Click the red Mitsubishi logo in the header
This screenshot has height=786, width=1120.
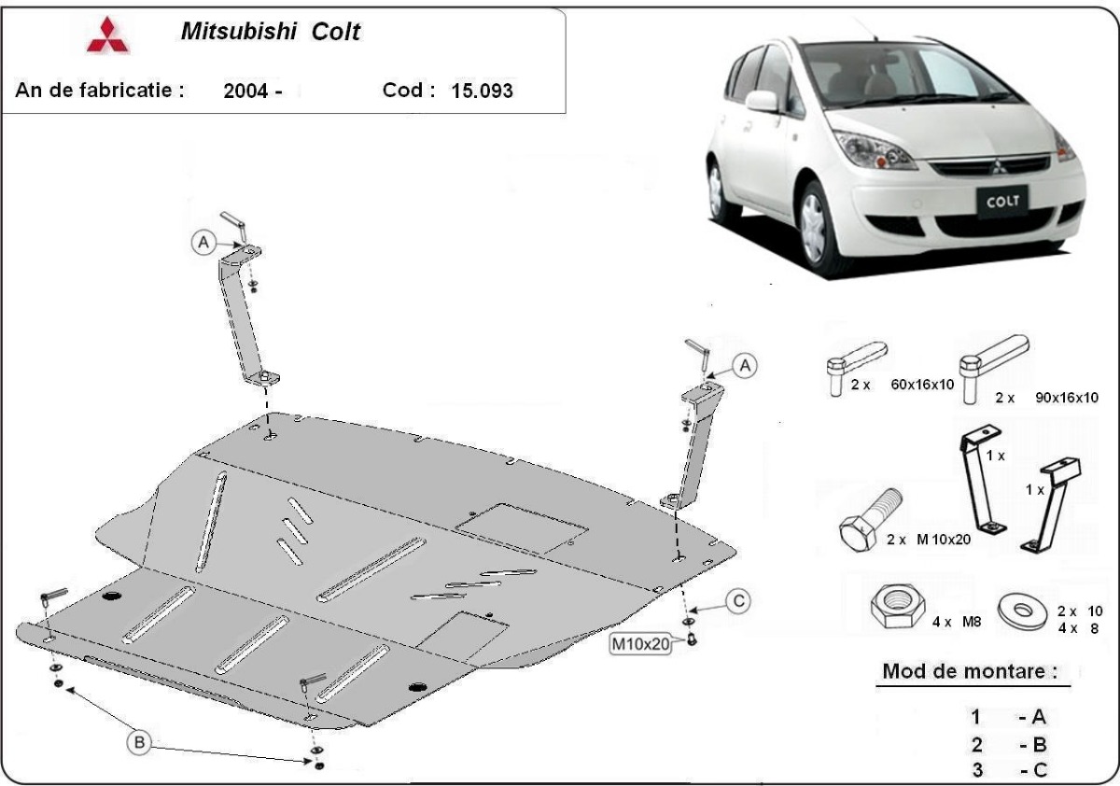(108, 35)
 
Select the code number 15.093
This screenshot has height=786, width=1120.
(481, 91)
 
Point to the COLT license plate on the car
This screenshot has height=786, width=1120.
(1002, 200)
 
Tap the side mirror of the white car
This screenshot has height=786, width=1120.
(762, 101)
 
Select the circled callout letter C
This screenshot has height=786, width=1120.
(738, 602)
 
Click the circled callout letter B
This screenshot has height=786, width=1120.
(138, 743)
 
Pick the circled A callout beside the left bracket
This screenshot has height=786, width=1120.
(203, 242)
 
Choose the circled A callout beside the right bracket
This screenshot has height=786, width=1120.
(744, 367)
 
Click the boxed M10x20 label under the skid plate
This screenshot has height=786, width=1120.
(640, 643)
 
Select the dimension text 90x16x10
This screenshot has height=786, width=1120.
(1066, 397)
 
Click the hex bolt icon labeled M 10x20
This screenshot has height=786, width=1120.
(869, 523)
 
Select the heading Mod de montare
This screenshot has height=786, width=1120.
(970, 671)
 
